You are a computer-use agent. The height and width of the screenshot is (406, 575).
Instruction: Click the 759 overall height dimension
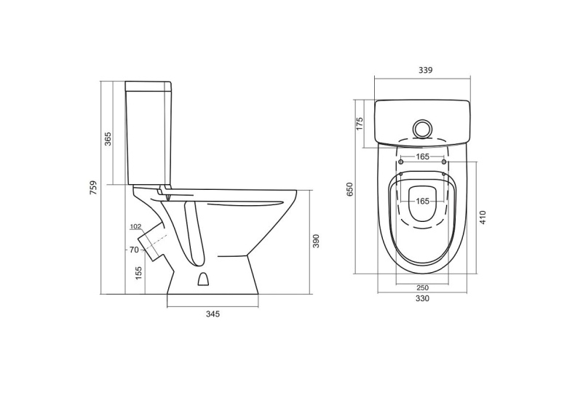coord(93,188)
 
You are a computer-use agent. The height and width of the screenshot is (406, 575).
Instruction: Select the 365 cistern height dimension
coord(108,138)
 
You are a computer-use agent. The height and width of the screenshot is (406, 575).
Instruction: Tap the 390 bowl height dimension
coord(316,241)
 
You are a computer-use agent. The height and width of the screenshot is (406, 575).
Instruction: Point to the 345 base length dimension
coord(213,314)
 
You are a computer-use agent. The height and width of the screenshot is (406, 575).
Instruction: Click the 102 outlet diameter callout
coord(135,227)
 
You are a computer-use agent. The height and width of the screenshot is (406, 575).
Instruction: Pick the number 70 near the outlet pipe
coord(134,250)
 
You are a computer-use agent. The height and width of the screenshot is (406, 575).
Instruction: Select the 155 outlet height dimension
coord(138,273)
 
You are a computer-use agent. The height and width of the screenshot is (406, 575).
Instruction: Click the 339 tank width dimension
coord(426,70)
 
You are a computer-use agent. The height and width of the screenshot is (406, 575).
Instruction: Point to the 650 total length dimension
coord(349,190)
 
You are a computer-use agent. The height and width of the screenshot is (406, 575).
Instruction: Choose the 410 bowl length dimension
coord(482,217)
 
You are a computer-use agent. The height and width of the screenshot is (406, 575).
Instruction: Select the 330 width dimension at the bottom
coord(422,298)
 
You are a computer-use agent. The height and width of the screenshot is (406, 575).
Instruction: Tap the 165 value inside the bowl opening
coord(422,201)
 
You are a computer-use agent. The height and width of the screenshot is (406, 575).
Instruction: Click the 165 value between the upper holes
coord(422,156)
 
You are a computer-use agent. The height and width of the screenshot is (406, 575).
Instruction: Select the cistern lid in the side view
coord(149,87)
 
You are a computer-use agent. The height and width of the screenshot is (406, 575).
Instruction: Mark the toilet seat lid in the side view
coord(226,196)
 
